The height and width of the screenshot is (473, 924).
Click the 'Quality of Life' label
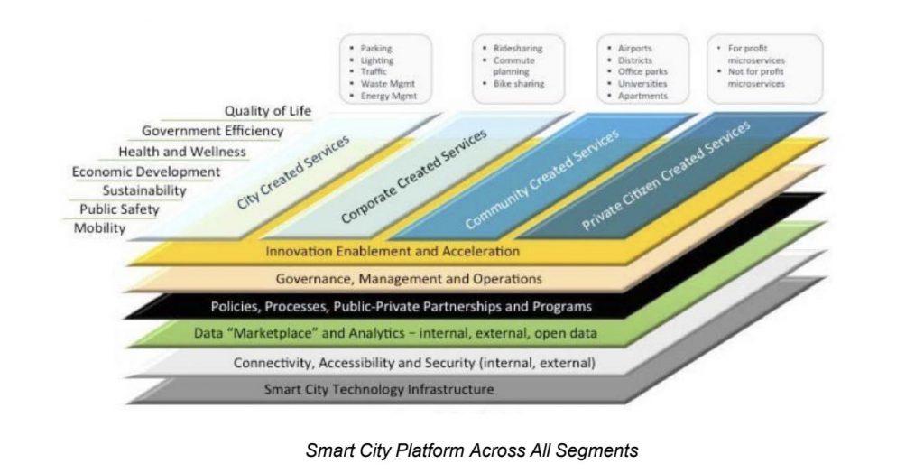pyautogui.click(x=267, y=111)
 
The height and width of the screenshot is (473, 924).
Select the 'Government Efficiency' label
pyautogui.click(x=213, y=131)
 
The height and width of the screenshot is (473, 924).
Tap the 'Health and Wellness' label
pyautogui.click(x=182, y=152)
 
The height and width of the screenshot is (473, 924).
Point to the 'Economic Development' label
pyautogui.click(x=146, y=172)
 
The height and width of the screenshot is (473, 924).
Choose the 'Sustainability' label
pyautogui.click(x=144, y=190)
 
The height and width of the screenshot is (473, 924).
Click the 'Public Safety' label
pyautogui.click(x=120, y=209)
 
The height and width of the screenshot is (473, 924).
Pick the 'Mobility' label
pyautogui.click(x=99, y=228)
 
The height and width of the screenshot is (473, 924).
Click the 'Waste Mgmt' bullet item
pyautogui.click(x=388, y=84)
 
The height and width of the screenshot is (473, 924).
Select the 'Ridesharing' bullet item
pyautogui.click(x=518, y=49)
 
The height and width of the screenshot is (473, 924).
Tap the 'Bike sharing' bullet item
pyautogui.click(x=519, y=84)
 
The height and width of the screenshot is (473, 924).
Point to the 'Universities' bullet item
pyautogui.click(x=642, y=84)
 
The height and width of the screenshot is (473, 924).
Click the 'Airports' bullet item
pyautogui.click(x=634, y=49)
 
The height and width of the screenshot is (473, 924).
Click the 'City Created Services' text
pyautogui.click(x=293, y=172)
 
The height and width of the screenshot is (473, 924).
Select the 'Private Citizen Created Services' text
pyautogui.click(x=667, y=175)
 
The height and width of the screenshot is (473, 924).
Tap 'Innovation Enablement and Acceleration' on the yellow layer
pyautogui.click(x=393, y=251)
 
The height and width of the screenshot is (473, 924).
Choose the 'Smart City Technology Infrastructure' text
pyautogui.click(x=379, y=389)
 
